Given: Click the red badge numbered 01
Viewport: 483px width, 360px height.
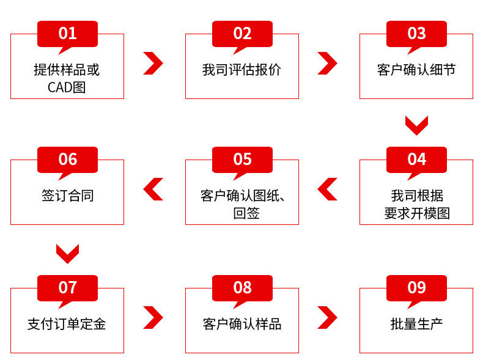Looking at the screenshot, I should tap(67, 33).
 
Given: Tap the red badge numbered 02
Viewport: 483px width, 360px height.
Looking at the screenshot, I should tap(242, 33).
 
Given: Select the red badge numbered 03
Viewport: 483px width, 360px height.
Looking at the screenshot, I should tap(416, 33).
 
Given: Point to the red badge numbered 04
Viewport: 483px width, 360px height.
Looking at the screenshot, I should tap(416, 159).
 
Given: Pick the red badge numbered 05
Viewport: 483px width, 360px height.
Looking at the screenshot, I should tap(242, 159).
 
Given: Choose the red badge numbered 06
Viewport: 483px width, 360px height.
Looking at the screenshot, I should tap(67, 159).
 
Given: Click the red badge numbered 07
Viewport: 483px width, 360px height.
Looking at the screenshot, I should tap(67, 287).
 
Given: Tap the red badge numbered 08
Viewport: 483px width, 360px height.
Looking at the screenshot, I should tap(242, 287).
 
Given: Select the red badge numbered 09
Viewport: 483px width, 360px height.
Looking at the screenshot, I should tap(416, 287).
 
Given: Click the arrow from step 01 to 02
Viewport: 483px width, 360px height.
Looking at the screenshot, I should tap(153, 63).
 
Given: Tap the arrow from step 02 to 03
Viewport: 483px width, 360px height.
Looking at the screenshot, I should tap(328, 63).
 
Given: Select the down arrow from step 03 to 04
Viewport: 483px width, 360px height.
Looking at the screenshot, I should tap(416, 125).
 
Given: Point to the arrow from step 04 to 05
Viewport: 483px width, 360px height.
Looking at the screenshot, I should tap(328, 189).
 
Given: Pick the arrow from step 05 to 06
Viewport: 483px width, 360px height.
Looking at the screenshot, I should tap(153, 189).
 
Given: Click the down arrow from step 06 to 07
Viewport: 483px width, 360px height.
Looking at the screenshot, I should tap(67, 253).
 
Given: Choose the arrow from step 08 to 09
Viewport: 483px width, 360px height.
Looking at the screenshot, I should tap(328, 317).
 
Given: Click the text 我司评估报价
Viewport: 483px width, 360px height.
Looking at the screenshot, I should tap(242, 70).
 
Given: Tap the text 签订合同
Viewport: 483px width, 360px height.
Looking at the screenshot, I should tap(67, 196).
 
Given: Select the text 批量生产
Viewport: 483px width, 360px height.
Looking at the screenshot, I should tap(416, 323).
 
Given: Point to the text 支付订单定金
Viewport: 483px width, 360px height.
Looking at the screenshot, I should tap(67, 323).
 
